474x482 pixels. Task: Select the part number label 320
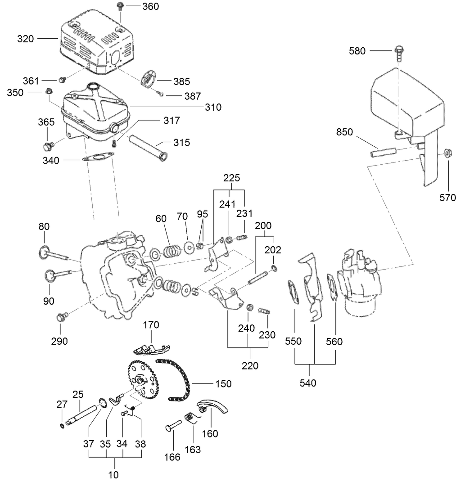26,39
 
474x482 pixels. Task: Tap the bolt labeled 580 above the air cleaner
398,53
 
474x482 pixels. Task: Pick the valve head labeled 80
44,252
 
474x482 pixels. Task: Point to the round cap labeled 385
149,77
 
